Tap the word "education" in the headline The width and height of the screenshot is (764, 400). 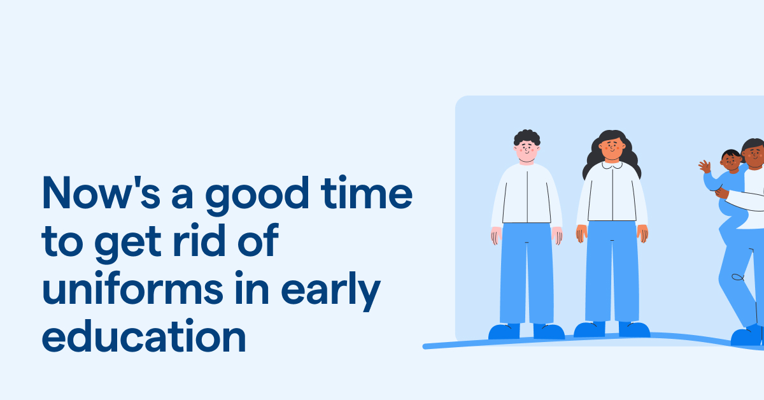[x=144, y=338]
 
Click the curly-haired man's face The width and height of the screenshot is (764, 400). [x=527, y=152]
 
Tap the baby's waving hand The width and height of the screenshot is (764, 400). [x=704, y=167]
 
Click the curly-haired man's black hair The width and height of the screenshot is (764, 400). [x=527, y=136]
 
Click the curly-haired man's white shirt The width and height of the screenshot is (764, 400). [x=527, y=194]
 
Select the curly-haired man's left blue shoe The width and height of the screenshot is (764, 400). [x=504, y=331]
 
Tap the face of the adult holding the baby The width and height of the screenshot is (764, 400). [x=754, y=156]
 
